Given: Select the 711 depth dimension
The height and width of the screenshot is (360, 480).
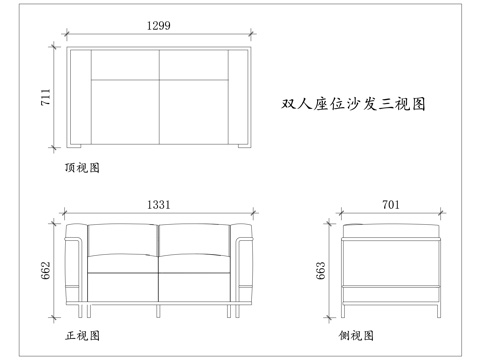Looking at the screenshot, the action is coord(45,97).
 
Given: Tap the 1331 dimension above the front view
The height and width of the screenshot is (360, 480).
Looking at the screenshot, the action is coord(159,204).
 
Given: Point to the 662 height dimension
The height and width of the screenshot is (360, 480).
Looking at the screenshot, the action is coord(45,271).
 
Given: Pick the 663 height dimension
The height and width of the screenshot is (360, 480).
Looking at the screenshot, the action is coord(321,271).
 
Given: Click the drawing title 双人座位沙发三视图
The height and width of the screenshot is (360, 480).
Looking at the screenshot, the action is coord(354,102).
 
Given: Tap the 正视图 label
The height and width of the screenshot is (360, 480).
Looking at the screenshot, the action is coord(81,334).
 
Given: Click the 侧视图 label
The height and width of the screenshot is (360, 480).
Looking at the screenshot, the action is coord(356,334).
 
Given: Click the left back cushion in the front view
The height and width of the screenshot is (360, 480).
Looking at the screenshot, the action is coord(123,248).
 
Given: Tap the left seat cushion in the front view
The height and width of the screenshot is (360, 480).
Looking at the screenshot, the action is coord(123,285).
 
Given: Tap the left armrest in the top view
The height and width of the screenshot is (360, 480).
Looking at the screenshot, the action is coord(80,97).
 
